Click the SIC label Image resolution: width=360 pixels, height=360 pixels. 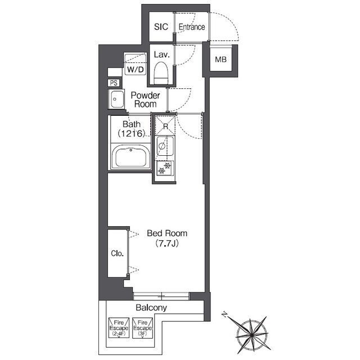click(161, 27)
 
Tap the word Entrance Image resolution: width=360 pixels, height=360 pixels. click(192, 27)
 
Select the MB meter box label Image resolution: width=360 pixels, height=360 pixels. click(220, 60)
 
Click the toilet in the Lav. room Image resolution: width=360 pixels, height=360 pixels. click(161, 73)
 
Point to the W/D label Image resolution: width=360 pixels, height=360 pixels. click(135, 69)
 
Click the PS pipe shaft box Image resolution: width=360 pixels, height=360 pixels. click(114, 83)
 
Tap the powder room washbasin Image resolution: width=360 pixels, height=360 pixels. click(116, 99)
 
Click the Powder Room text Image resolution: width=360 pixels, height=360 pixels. click(145, 100)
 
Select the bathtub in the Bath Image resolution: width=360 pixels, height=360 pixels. click(130, 157)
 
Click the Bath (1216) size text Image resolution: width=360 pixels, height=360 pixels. click(132, 129)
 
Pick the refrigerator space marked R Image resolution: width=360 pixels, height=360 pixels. click(165, 126)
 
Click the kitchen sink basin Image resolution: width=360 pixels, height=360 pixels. click(165, 146)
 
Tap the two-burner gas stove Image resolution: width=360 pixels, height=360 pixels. click(165, 168)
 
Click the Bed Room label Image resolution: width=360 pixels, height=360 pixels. click(167, 233)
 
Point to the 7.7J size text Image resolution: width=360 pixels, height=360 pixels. click(167, 243)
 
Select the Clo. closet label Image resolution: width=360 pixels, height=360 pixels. click(118, 254)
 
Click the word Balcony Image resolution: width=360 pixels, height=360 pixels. click(151, 308)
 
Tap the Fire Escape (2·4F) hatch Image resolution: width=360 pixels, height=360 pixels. click(119, 328)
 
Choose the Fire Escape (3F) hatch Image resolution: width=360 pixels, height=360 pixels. click(142, 328)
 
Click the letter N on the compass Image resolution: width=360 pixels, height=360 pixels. click(224, 315)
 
